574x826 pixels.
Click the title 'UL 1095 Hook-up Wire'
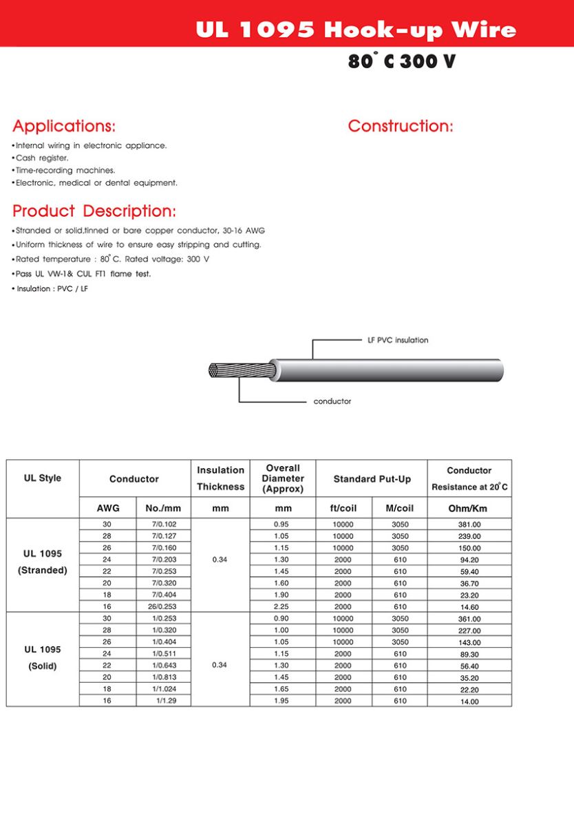tap(355, 30)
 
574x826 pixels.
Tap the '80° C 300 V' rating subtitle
tap(401, 61)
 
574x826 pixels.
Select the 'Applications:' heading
tap(64, 126)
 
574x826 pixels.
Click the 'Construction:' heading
tap(401, 126)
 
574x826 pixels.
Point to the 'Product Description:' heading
tap(94, 211)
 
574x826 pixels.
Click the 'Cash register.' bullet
tap(42, 158)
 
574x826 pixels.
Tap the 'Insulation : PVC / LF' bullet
tap(52, 289)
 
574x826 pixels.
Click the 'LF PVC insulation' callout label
tap(398, 340)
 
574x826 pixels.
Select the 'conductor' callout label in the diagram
tap(332, 401)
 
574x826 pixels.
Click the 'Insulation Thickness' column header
tap(220, 478)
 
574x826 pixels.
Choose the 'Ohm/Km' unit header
tap(469, 509)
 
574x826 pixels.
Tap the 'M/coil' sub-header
tap(400, 509)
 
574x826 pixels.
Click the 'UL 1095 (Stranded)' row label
tap(43, 562)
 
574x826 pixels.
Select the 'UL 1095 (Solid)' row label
tap(43, 657)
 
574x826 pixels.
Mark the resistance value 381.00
tap(469, 525)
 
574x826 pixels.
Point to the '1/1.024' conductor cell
tap(163, 689)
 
